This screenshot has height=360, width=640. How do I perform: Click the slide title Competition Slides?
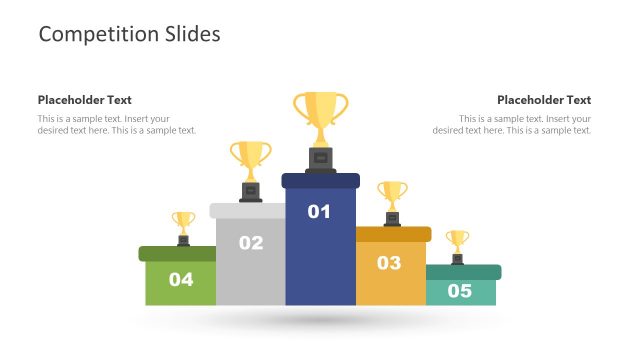[x=129, y=34]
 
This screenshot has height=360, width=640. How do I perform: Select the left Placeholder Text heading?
[x=85, y=100]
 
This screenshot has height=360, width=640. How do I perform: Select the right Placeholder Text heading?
[x=544, y=100]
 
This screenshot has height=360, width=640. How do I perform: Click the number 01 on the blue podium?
[x=319, y=211]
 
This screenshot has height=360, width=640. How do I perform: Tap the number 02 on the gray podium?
[x=251, y=242]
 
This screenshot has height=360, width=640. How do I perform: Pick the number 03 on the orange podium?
[x=389, y=263]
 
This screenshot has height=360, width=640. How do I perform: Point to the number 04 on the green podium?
[x=181, y=279]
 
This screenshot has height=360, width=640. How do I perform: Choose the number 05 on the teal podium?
[x=459, y=291]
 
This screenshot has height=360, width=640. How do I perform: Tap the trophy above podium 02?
[x=250, y=160]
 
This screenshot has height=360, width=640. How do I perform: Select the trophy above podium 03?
[x=392, y=194]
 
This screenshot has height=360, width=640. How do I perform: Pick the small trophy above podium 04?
[x=183, y=223]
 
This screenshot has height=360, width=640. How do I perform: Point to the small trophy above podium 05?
[x=457, y=241]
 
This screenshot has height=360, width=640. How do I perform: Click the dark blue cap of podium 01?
[x=320, y=181]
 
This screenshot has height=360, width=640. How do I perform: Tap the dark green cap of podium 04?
[x=177, y=254]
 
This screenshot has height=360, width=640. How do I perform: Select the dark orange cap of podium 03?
[x=393, y=234]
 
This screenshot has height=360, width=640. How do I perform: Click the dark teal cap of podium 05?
[x=463, y=272]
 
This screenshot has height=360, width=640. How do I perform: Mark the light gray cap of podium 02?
[x=250, y=210]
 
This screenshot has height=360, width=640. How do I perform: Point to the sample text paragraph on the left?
[x=117, y=125]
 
